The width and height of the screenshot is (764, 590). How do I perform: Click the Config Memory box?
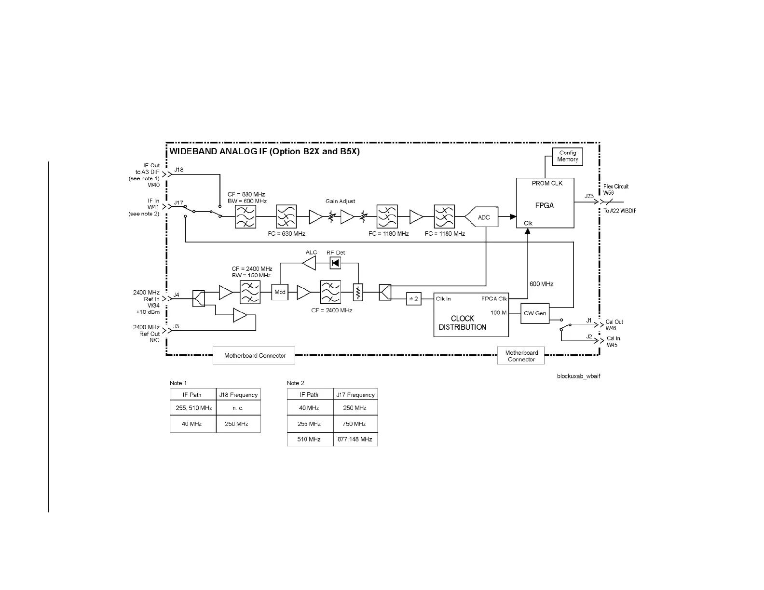(x=567, y=156)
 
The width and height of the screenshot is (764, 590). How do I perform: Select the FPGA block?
(x=545, y=203)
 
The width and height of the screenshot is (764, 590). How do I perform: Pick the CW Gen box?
(x=534, y=313)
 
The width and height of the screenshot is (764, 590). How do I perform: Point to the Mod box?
(x=280, y=292)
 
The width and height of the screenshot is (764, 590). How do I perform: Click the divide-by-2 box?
(x=413, y=299)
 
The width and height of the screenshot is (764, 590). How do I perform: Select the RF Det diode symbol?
(x=335, y=263)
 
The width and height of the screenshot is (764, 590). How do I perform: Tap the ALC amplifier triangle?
(x=309, y=263)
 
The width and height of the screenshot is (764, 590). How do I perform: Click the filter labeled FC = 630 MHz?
(x=286, y=216)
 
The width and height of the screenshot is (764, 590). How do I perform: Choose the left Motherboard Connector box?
(x=254, y=356)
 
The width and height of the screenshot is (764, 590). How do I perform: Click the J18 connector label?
(x=178, y=170)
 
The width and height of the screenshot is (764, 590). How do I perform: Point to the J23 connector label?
(x=589, y=196)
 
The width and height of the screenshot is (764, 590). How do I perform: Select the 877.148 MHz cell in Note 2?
(x=355, y=439)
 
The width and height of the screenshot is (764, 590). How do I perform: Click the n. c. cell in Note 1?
(x=238, y=408)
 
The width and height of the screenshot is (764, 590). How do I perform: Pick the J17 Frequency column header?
(x=355, y=395)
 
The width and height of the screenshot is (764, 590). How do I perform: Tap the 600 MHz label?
(x=541, y=284)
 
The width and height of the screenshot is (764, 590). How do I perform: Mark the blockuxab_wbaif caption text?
(x=578, y=376)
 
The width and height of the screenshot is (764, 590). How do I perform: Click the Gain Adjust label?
(x=340, y=201)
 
